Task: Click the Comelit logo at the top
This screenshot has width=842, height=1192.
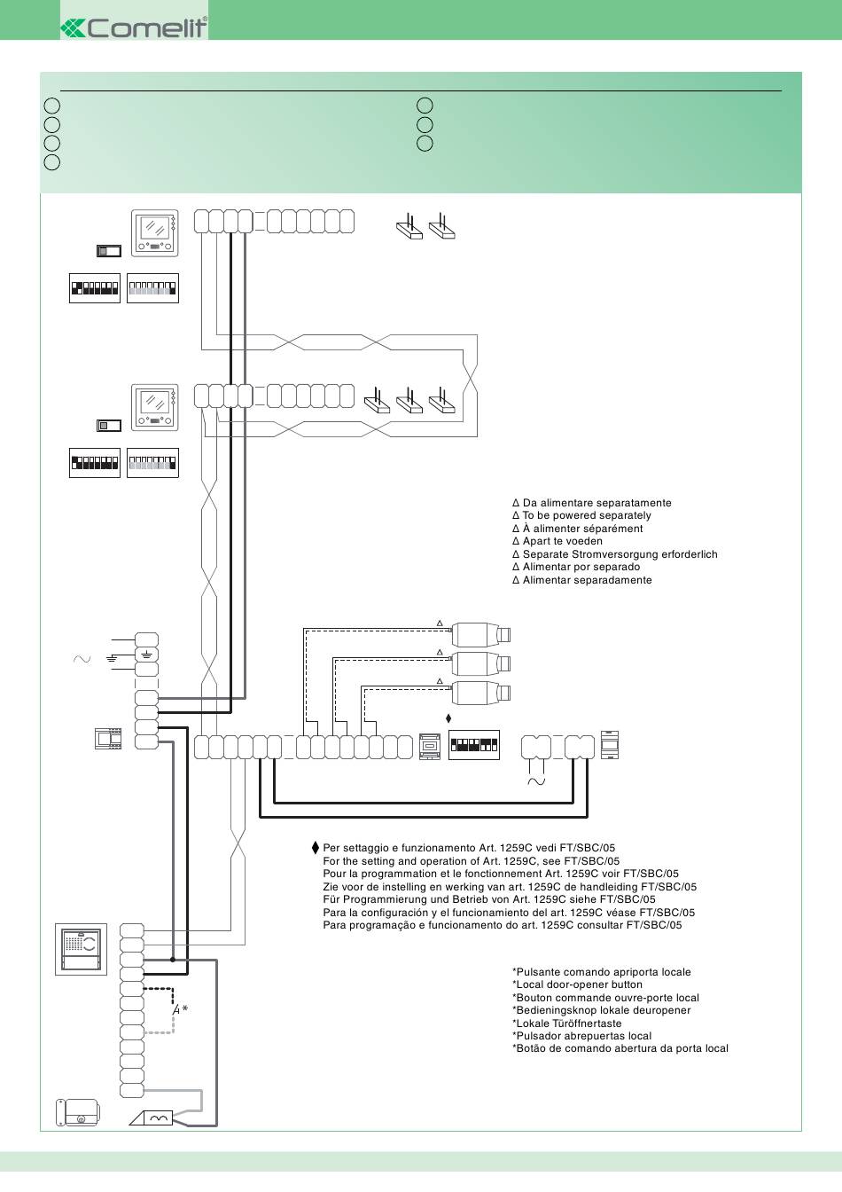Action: pyautogui.click(x=134, y=27)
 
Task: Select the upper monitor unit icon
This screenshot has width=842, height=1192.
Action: pyautogui.click(x=155, y=233)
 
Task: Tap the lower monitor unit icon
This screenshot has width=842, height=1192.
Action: pyautogui.click(x=155, y=408)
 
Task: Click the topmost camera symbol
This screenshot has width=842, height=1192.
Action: pyautogui.click(x=481, y=634)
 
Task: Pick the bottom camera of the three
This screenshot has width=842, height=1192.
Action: pyautogui.click(x=481, y=693)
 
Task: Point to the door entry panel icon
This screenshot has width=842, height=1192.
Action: pyautogui.click(x=81, y=949)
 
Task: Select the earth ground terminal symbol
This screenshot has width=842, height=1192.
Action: pyautogui.click(x=147, y=655)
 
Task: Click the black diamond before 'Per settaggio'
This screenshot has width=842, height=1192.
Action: pyautogui.click(x=316, y=848)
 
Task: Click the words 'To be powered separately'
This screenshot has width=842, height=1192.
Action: pyautogui.click(x=587, y=515)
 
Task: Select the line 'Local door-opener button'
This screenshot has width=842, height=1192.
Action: pyautogui.click(x=577, y=984)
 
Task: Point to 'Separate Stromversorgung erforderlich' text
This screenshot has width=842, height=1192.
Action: pyautogui.click(x=620, y=554)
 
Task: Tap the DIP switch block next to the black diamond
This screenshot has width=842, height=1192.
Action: pyautogui.click(x=474, y=745)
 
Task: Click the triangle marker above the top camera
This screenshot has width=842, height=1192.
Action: pyautogui.click(x=440, y=623)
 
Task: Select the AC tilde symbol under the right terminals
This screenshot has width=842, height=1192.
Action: pyautogui.click(x=536, y=781)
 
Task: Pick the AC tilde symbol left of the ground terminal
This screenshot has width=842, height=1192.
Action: pyautogui.click(x=82, y=659)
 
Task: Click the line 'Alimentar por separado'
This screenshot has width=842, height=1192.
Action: pyautogui.click(x=581, y=567)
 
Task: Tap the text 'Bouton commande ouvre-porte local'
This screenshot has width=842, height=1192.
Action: pyautogui.click(x=606, y=998)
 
